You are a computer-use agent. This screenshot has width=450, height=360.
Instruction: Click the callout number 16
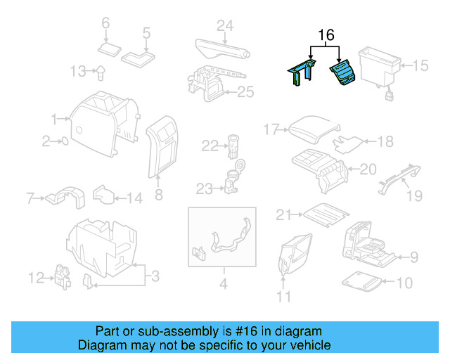[x=326, y=34]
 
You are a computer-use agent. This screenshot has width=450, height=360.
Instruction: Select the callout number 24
[x=224, y=26]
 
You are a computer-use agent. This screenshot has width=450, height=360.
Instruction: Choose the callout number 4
[x=223, y=285]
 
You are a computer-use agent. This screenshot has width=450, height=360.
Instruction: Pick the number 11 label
[x=283, y=297]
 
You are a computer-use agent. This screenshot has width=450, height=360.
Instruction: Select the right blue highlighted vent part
[x=343, y=74]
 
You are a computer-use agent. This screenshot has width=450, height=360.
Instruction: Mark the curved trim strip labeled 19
[x=399, y=176]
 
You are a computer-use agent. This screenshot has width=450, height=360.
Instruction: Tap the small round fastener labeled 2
[x=65, y=141]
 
